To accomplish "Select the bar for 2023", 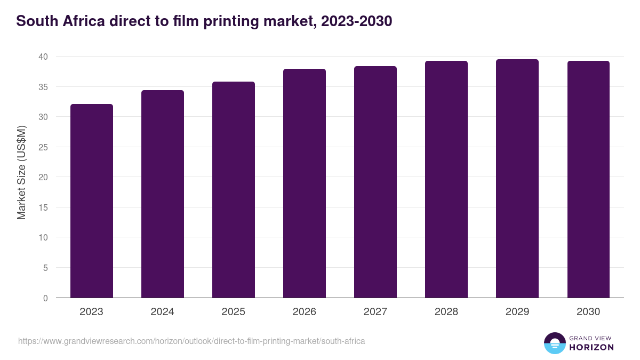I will (x=91, y=201).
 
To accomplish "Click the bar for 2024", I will (x=162, y=194).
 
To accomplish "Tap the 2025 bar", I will (x=233, y=190).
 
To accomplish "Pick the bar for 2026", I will (x=304, y=183).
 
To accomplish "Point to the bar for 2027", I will (x=375, y=182).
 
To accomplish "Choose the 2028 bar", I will (x=446, y=180).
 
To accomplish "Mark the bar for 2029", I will (x=517, y=179).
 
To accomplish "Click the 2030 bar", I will (x=588, y=180).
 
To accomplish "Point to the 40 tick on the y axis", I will (x=43, y=57).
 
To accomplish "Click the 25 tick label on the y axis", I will (x=43, y=147).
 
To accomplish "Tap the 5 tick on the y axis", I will (x=45, y=268).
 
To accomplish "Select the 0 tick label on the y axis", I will (x=45, y=298).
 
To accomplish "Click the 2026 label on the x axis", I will (x=304, y=312).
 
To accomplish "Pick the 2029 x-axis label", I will (x=517, y=312).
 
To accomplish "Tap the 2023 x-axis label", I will (x=91, y=312).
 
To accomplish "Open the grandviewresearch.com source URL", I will (x=191, y=341).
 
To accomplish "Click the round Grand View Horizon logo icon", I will (x=554, y=343).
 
